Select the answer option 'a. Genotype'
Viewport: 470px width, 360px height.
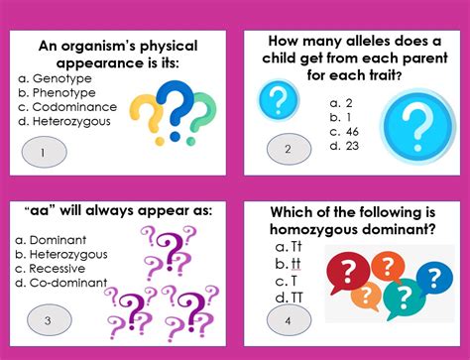[x=54, y=77]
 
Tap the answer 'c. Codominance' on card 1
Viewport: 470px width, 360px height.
[x=69, y=107]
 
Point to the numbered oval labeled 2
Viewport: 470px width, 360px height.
[x=288, y=150]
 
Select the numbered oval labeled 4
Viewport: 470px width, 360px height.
[x=288, y=319]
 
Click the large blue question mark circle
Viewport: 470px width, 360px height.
[x=415, y=124]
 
